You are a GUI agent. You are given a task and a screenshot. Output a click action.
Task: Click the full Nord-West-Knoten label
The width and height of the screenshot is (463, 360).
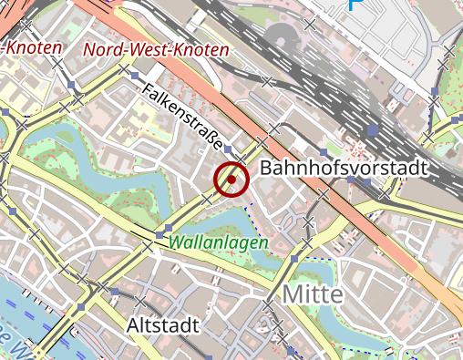point(156,49)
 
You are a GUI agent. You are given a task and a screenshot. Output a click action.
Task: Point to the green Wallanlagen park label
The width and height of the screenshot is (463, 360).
point(219,243)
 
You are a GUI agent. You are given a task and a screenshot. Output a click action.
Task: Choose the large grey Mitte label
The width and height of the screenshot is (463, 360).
point(312,293)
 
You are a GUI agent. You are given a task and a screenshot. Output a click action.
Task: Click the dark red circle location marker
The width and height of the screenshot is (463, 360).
point(231,180)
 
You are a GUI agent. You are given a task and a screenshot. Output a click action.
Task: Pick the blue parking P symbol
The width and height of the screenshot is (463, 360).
point(355,5)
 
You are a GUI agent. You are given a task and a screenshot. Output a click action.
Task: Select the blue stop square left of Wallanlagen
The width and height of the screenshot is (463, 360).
point(169,227)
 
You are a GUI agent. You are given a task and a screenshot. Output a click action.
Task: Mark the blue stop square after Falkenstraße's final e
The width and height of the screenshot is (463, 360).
point(229,148)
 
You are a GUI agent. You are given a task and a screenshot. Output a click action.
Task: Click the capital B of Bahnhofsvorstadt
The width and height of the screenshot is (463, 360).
point(267,169)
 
